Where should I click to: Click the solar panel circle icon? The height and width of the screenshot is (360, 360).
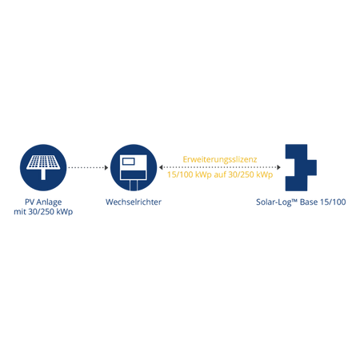coord(43,167)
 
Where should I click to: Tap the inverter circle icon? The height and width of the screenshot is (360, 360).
coord(134,167)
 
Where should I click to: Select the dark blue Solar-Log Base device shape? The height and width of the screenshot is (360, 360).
coord(301,167)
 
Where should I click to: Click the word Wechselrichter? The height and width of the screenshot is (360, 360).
coord(134,202)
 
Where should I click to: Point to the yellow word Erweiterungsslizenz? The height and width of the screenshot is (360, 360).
coord(220,159)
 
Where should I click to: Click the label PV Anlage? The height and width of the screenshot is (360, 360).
coord(43,202)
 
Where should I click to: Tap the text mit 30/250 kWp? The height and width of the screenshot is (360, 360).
coord(43,212)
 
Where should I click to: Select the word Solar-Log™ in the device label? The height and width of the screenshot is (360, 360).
coord(277,202)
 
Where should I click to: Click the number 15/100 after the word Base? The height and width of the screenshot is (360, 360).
coord(333,202)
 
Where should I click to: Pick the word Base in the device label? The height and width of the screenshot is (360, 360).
coord(309,202)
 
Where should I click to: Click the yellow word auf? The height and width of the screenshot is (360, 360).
coord(220,174)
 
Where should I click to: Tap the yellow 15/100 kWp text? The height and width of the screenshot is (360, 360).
coord(190,174)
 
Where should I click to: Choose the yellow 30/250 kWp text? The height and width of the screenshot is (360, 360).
coord(250,174)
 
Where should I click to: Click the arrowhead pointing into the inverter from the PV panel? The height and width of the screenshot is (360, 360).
coord(106,167)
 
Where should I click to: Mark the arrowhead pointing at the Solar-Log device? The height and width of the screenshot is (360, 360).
coord(278,167)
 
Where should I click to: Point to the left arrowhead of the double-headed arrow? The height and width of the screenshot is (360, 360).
coord(161,167)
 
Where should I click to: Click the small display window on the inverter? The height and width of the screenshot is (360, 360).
coord(128,162)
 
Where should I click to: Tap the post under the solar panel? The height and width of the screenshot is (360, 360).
coord(43,174)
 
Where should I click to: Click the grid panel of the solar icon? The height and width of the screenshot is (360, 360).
coord(43,162)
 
